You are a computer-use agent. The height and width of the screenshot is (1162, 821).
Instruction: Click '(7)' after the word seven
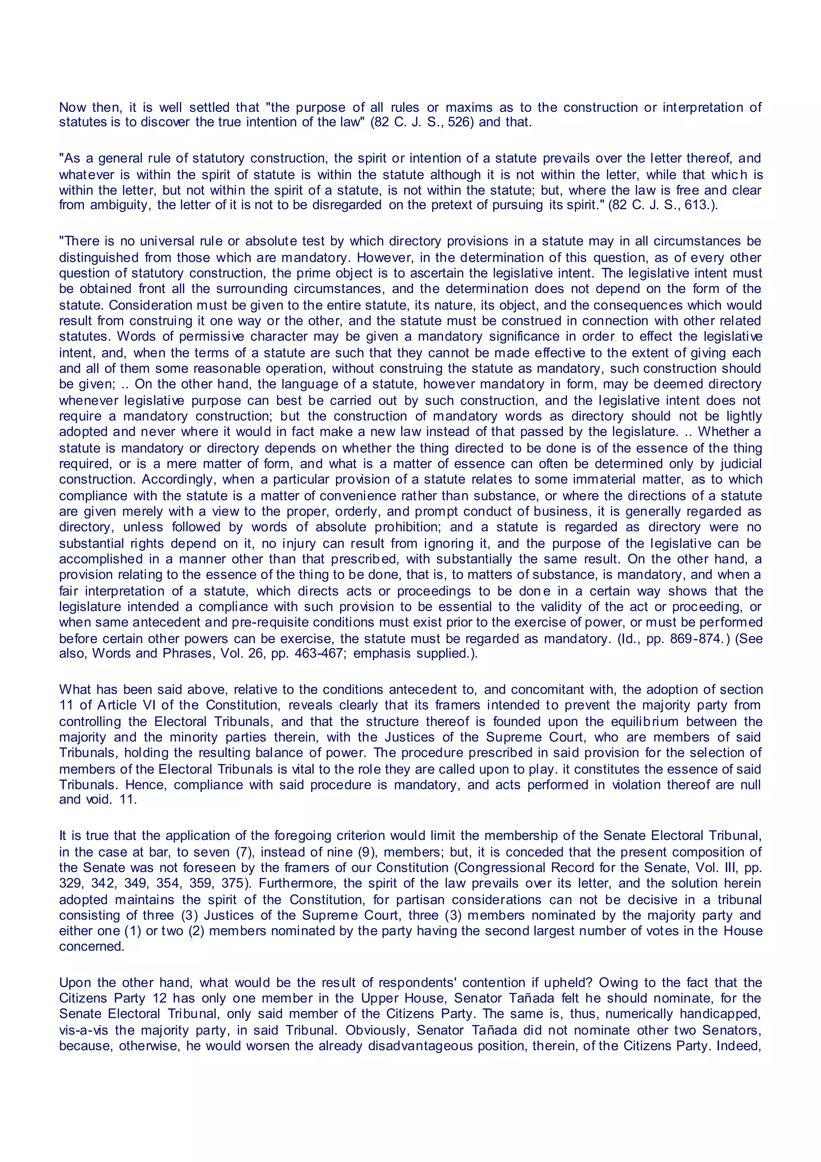pyautogui.click(x=245, y=852)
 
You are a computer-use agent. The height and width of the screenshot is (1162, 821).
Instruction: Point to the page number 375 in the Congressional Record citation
pyautogui.click(x=233, y=884)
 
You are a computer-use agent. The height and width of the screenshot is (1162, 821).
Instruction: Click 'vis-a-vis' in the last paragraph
pyautogui.click(x=80, y=1031)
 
